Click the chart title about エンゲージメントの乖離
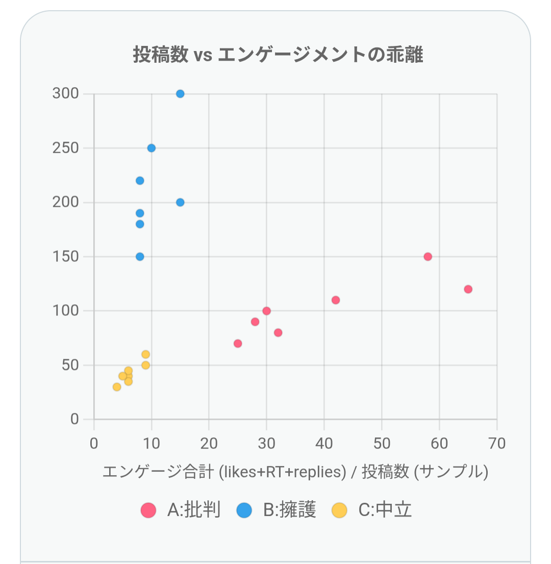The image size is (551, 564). (278, 54)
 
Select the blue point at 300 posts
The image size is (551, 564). (180, 94)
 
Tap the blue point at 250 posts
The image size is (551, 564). (151, 148)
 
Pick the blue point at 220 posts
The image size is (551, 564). (140, 181)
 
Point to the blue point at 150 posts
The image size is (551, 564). (140, 257)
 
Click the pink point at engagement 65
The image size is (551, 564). (468, 289)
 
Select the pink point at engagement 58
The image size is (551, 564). (428, 257)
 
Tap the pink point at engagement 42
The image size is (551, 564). (336, 300)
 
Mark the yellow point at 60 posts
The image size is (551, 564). (145, 354)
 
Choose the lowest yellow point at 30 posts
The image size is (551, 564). (117, 387)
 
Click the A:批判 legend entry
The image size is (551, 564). (181, 510)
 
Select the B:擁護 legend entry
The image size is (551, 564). (277, 510)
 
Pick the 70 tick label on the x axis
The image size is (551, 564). (496, 443)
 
